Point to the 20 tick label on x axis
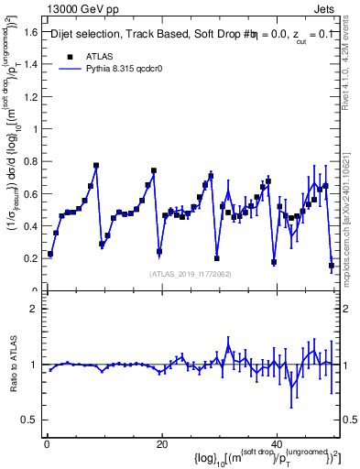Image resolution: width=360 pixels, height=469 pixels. click(x=162, y=444)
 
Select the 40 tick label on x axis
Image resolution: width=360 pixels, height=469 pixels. click(x=278, y=444)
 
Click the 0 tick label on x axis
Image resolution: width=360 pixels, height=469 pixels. click(x=46, y=444)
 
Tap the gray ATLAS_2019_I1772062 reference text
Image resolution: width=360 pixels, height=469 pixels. click(x=190, y=274)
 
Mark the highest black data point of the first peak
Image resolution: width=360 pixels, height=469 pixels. click(x=96, y=166)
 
